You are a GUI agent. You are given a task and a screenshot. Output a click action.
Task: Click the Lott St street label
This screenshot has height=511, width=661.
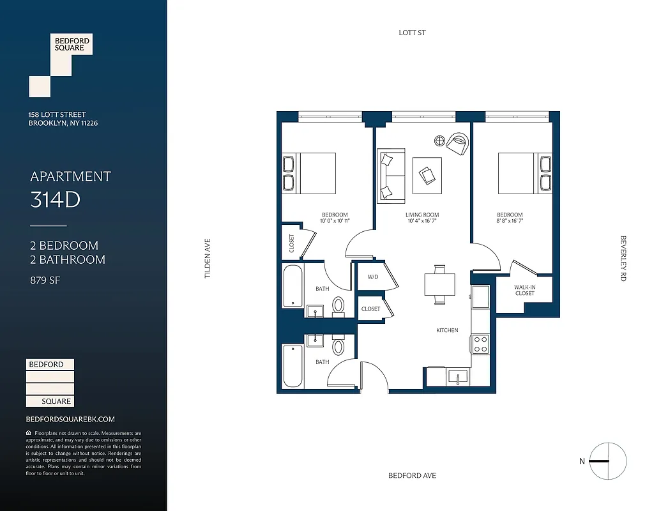pos(412,33)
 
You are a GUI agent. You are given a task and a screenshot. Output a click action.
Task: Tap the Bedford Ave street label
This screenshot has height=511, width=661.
pos(413,476)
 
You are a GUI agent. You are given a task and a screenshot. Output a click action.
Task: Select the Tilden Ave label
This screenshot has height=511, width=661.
pos(207,258)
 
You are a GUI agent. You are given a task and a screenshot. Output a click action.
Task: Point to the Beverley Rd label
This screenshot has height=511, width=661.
pos(623,258)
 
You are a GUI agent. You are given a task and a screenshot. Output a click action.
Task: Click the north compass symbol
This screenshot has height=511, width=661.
pos(607,461)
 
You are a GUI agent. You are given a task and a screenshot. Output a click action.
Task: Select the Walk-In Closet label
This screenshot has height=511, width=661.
pos(524,291)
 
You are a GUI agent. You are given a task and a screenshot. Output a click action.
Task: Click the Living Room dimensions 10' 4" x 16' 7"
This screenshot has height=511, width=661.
pos(422,222)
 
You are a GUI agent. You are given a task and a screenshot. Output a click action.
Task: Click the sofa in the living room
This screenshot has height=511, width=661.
pos(390,175)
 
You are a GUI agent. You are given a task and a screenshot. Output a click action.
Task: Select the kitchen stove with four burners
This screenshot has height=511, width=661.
pos(480,344)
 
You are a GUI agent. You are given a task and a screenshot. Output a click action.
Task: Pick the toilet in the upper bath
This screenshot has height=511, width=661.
pos(338,306)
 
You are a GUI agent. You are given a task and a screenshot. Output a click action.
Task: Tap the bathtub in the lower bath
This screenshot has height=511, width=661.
pos(293,366)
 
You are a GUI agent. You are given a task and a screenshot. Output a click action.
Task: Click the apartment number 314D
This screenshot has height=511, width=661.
pos(55,200)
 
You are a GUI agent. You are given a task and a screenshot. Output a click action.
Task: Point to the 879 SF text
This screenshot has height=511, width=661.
pos(45,280)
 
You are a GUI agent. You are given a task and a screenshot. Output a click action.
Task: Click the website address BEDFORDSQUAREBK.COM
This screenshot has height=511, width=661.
pos(70,419)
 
